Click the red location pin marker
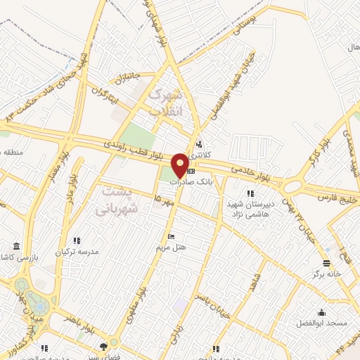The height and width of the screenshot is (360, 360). pos(180,165)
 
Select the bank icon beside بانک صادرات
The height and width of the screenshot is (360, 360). pos(192,171)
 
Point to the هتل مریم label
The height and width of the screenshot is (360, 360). pos(170,247)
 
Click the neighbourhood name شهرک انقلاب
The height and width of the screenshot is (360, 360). pos(167,102)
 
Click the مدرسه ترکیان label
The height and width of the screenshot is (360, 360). pos(79,251)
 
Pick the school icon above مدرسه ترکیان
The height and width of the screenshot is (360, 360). pos(77,240)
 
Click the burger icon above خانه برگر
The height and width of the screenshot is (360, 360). pos(326,263)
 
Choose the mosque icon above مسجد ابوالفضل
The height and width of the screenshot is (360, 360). pos(322,313)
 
